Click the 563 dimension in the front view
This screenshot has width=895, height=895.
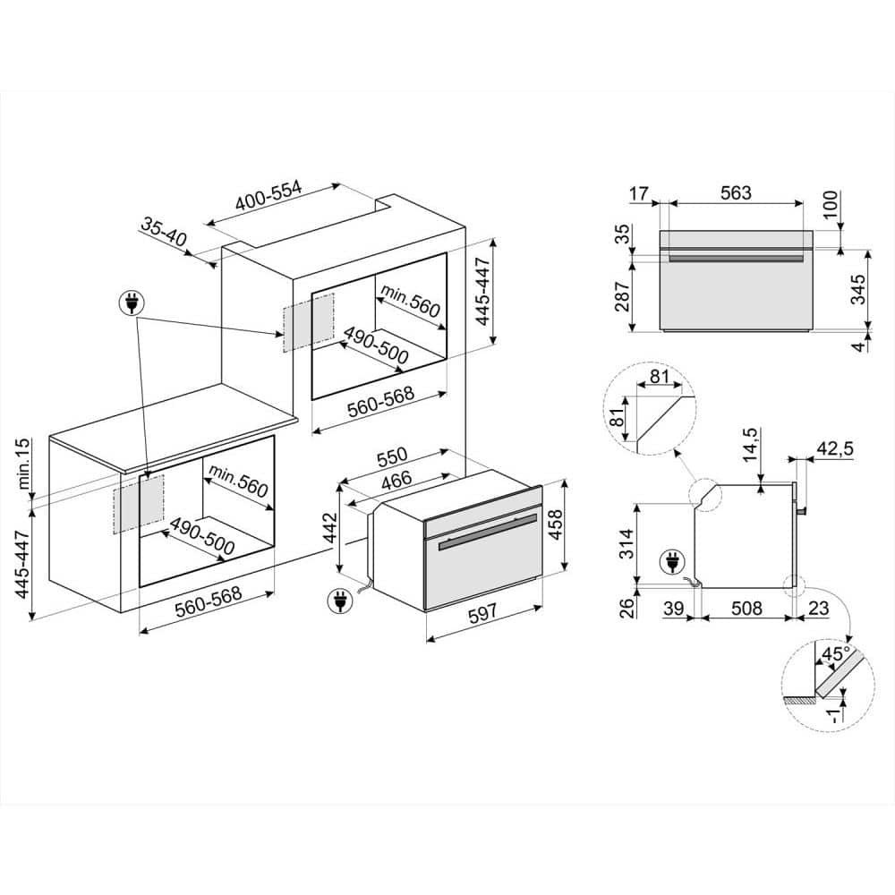pyautogui.click(x=732, y=192)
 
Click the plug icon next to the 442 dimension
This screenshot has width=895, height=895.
pyautogui.click(x=338, y=601)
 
